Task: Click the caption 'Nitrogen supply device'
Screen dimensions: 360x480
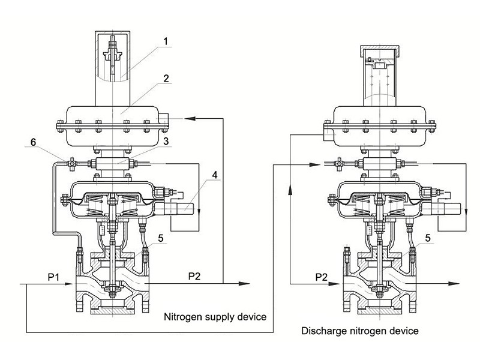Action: coord(214,317)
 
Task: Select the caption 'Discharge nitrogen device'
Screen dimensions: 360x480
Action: coord(359,331)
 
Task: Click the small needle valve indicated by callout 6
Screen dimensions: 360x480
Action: coord(71,161)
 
